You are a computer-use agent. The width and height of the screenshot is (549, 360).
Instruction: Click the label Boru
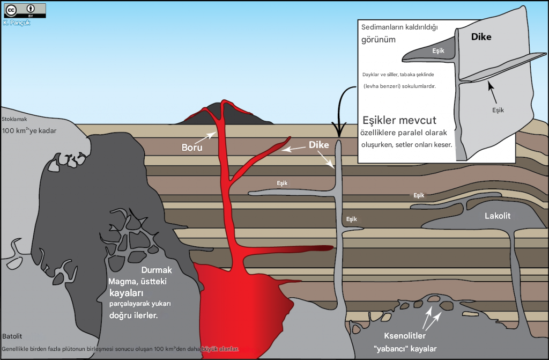(x=191, y=147)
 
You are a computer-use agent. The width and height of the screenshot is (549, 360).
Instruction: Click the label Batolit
(x=12, y=336)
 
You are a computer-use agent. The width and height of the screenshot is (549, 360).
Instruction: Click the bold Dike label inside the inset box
(x=481, y=37)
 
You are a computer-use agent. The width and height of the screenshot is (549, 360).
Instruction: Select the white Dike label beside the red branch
(x=318, y=144)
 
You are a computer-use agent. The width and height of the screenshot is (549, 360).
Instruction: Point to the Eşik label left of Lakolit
(x=419, y=195)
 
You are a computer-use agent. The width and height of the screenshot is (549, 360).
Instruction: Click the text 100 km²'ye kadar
(x=29, y=130)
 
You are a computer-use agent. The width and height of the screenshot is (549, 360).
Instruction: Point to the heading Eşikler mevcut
(x=399, y=120)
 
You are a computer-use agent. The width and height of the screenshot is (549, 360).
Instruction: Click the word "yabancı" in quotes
(x=390, y=349)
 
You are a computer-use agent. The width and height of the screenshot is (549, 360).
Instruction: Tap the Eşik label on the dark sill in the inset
(x=438, y=51)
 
